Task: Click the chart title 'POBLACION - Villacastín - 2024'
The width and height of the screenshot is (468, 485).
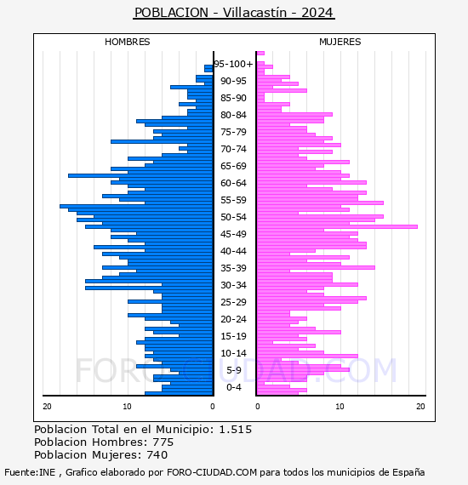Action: [x=234, y=13]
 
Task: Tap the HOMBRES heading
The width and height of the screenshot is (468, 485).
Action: [x=127, y=42]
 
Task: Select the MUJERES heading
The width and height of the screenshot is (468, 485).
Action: [x=340, y=42]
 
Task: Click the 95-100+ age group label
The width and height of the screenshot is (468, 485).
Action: [x=233, y=64]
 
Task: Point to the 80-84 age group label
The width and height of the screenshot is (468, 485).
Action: [x=233, y=115]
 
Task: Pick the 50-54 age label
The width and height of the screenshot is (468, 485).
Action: [x=233, y=217]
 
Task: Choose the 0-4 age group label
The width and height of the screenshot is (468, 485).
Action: [x=233, y=387]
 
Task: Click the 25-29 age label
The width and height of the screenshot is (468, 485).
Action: [x=233, y=302]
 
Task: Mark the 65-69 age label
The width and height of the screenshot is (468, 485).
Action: [x=233, y=166]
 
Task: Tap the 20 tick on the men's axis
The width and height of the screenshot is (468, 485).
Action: [x=47, y=407]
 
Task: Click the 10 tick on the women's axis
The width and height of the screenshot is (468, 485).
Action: [x=340, y=407]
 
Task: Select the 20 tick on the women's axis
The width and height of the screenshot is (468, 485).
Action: [x=420, y=407]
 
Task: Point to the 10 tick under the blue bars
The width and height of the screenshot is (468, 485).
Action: [x=127, y=407]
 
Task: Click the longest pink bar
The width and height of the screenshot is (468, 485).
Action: [x=337, y=226]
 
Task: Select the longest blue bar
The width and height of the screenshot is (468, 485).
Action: [x=136, y=206]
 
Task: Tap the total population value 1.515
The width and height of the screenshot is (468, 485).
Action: [x=236, y=430]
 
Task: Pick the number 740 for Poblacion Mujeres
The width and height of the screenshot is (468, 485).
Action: [x=157, y=455]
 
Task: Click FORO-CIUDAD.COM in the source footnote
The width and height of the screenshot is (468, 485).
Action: [x=212, y=472]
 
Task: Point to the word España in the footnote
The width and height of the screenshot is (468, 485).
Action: [x=408, y=472]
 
